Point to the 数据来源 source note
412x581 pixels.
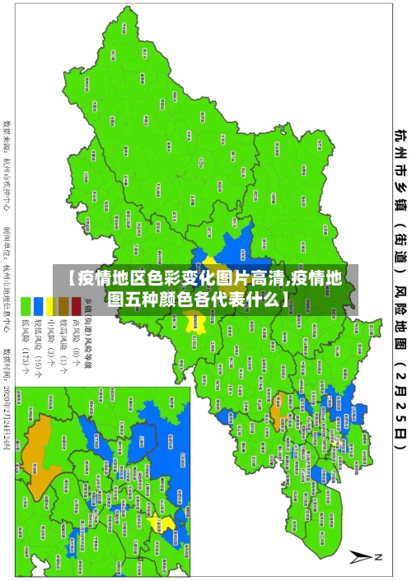pyautogui.click(x=9, y=165)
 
